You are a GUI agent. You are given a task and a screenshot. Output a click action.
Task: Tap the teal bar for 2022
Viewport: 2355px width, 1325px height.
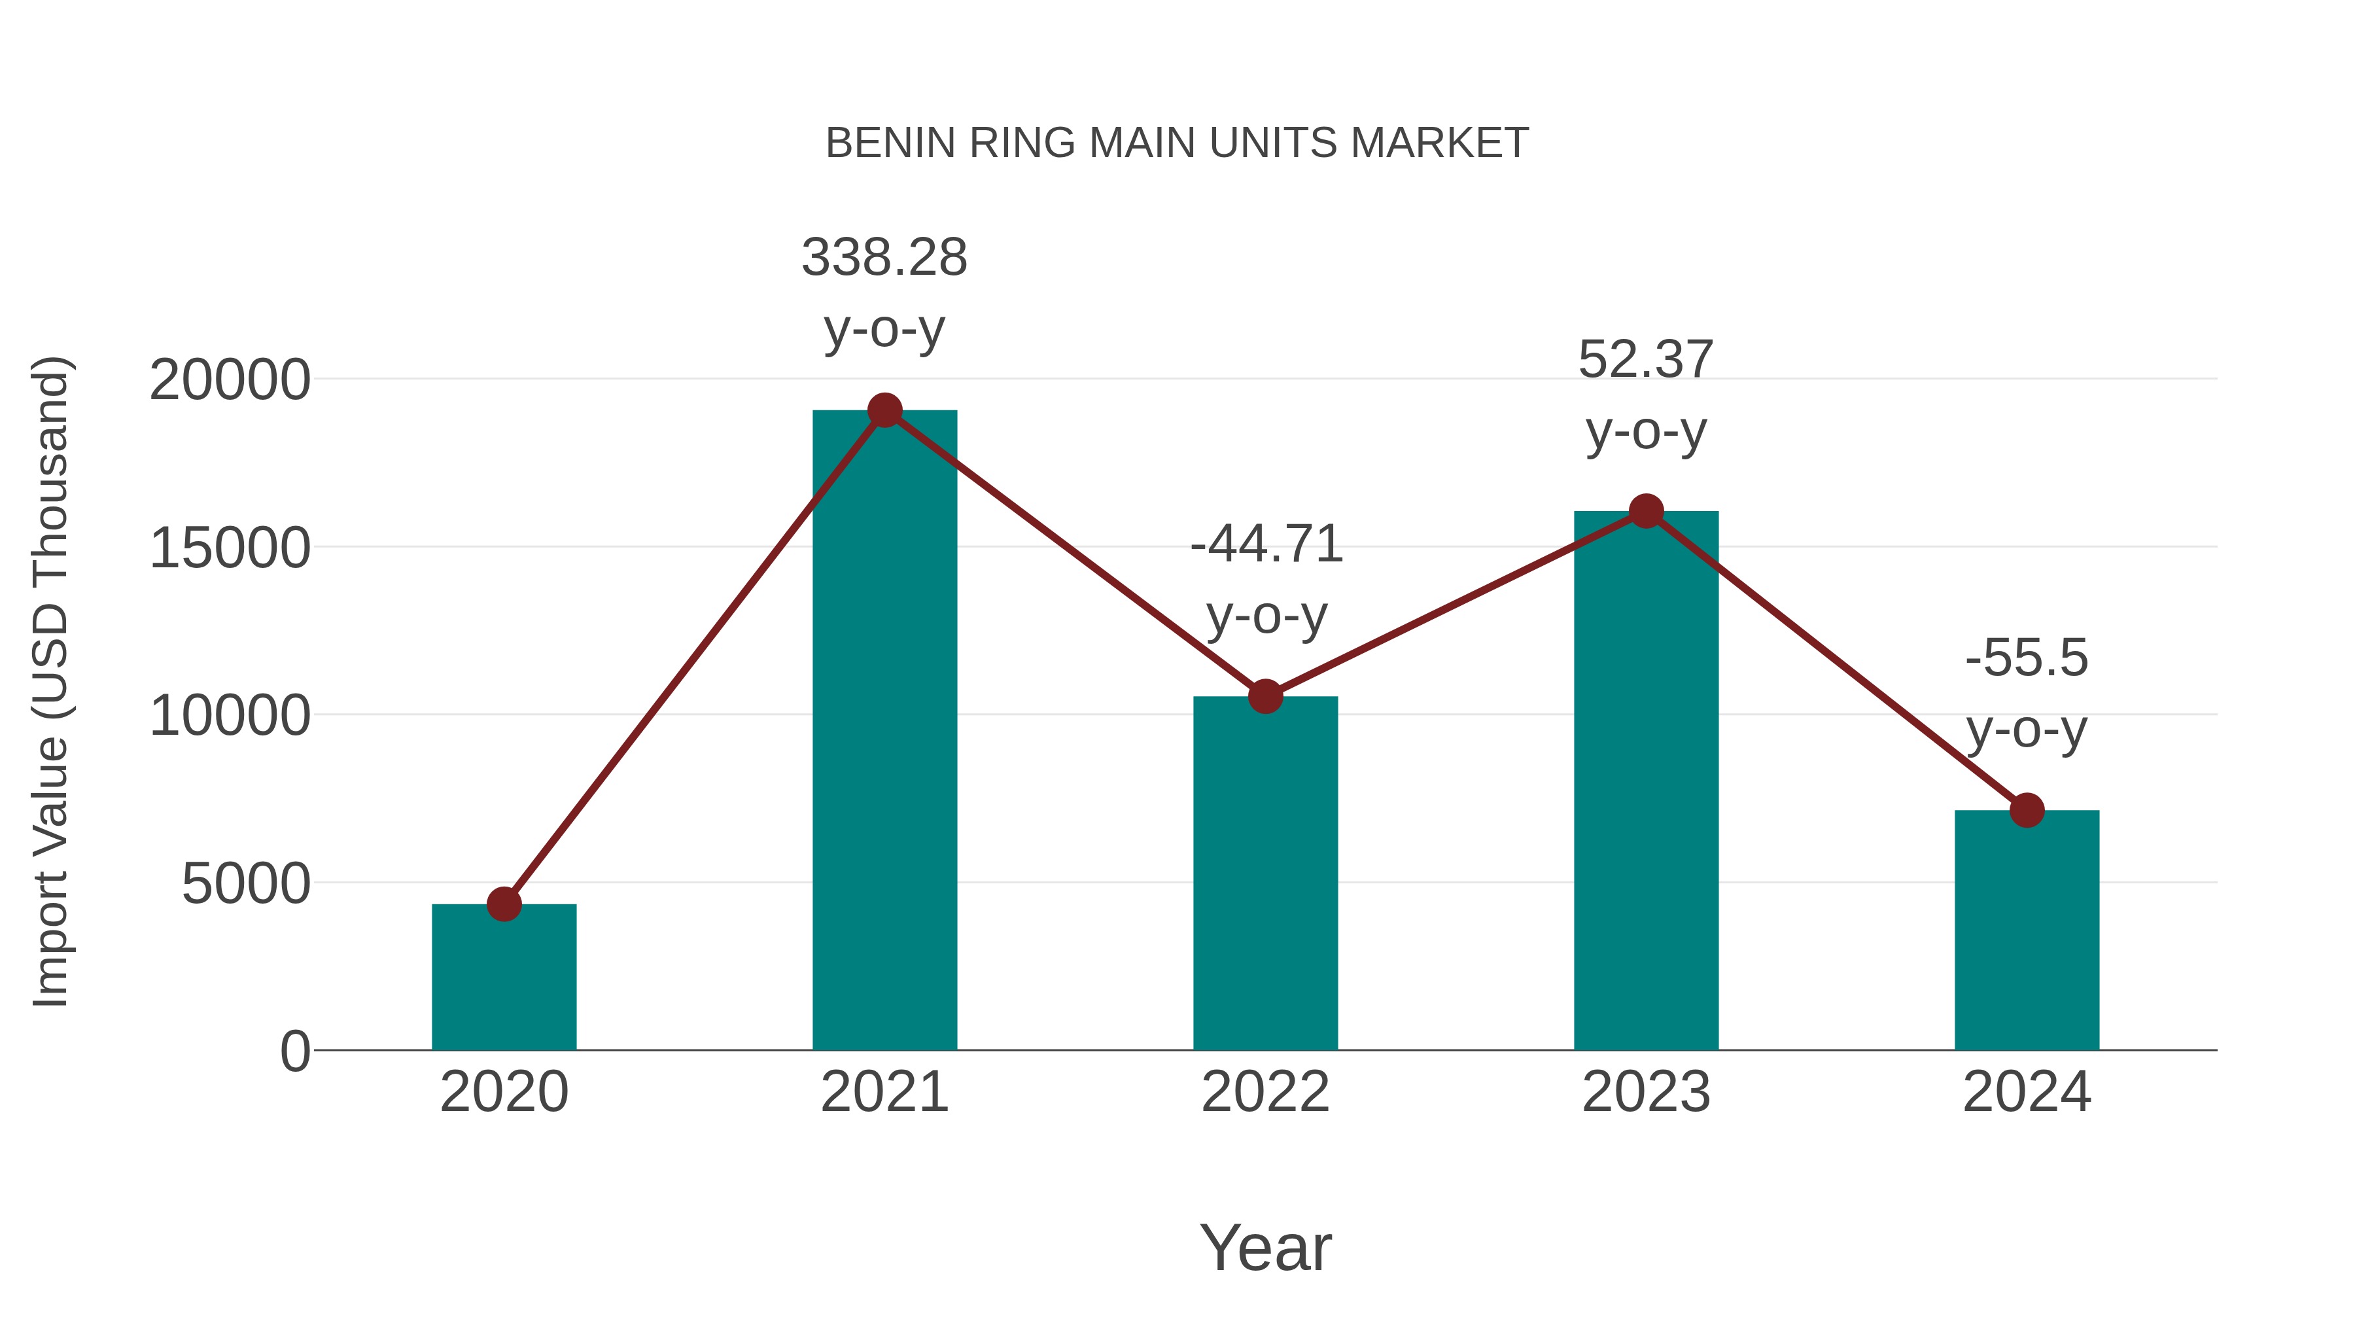(1265, 874)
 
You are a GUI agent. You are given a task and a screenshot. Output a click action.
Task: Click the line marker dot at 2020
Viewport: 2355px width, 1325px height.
(504, 904)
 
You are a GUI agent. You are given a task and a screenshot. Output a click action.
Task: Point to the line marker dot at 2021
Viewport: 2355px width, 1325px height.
(884, 410)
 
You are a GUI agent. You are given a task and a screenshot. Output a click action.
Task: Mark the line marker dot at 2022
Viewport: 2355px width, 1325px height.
(1265, 697)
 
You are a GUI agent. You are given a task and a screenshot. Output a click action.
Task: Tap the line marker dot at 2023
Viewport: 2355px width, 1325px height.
(1646, 511)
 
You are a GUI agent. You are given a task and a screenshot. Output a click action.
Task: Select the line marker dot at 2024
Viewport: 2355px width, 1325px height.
(2027, 810)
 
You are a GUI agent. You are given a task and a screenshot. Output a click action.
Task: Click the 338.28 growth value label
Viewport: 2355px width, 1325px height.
(884, 257)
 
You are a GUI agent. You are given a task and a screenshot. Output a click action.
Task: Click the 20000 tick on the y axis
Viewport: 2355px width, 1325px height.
(230, 380)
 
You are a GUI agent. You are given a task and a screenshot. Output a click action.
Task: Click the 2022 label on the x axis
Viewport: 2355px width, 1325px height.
(1265, 1092)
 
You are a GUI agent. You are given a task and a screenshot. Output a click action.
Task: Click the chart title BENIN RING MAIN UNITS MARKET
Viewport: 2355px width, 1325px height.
(1177, 143)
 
